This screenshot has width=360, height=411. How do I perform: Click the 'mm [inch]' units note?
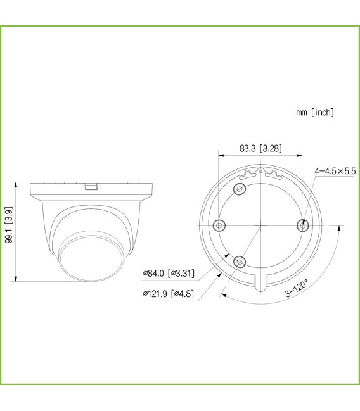(315, 112)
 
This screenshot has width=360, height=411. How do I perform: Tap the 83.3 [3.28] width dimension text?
(261, 149)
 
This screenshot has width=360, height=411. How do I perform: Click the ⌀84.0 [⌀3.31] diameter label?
(169, 274)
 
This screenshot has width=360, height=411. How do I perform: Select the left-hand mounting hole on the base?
(219, 225)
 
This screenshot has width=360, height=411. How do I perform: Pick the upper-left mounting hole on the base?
(240, 189)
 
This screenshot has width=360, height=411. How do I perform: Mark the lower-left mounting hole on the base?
(240, 261)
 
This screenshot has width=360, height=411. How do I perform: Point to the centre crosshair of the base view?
(261, 225)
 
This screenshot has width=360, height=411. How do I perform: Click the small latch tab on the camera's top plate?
(91, 187)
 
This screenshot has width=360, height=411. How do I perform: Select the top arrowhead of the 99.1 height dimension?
(15, 184)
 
